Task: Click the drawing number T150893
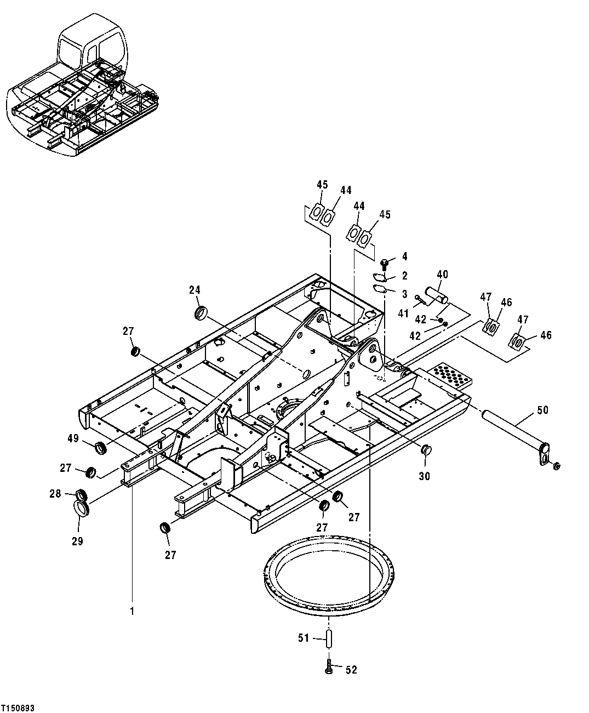pos(18,708)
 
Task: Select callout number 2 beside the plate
pos(404,276)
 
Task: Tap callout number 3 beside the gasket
pos(404,294)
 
